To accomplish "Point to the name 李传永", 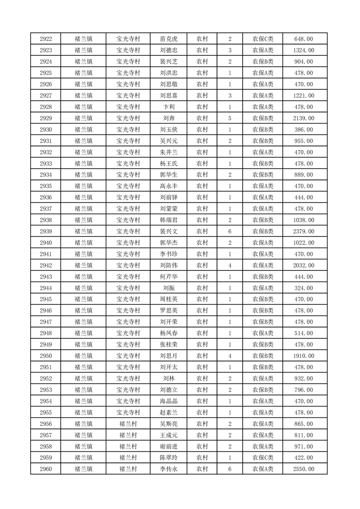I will pos(168,469).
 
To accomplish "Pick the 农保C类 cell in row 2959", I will pos(263,458).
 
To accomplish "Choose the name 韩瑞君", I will pos(168,220).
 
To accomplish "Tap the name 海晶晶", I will pos(168,401).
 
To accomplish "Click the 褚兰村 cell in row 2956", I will pos(128,424).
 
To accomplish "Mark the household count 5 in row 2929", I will pos(230,118).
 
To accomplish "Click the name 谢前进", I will pos(168,446).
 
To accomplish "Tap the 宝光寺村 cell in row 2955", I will pos(128,412).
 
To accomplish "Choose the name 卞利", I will pos(168,107).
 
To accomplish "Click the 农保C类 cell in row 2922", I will pos(263,39).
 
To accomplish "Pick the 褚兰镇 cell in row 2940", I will pos(84,243).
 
